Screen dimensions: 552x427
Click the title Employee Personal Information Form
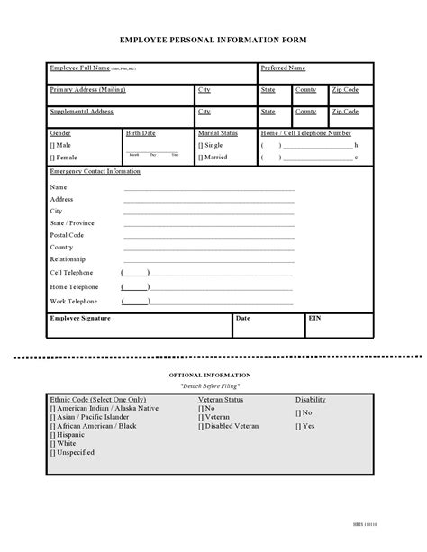tap(213, 41)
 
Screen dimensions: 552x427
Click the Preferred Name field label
tap(283, 68)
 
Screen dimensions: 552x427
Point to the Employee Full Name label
tap(79, 68)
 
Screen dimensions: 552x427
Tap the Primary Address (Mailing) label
tap(87, 90)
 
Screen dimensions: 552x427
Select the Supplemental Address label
tap(81, 112)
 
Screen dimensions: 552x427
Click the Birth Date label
tap(141, 133)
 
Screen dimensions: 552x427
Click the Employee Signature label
tap(80, 319)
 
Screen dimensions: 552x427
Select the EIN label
tap(314, 319)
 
